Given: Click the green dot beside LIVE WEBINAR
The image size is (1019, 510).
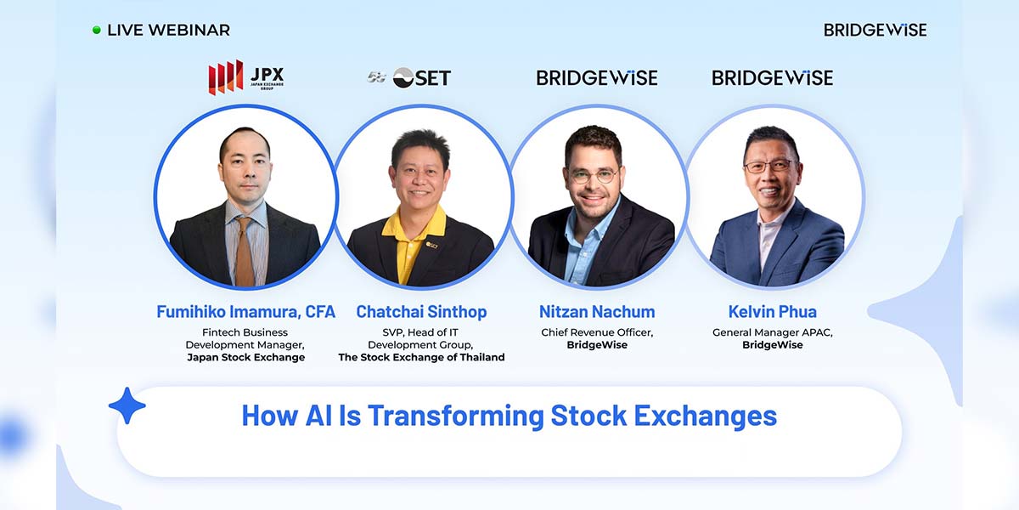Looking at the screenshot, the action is [x=97, y=30].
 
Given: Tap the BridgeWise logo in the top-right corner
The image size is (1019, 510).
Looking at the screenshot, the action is [x=875, y=30].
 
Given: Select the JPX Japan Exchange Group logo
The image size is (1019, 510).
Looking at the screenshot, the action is [x=246, y=77].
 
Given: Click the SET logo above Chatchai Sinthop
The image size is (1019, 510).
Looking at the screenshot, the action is [x=409, y=78].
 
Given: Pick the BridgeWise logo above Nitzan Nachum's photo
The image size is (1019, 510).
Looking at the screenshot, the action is [x=597, y=78].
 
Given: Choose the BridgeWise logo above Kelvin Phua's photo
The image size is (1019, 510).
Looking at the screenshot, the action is [x=773, y=78].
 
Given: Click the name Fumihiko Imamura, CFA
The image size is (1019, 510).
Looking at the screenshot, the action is [x=245, y=312].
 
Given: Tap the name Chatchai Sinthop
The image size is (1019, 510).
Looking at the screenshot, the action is [x=421, y=312].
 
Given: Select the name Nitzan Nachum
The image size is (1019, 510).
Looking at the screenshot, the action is [x=597, y=312].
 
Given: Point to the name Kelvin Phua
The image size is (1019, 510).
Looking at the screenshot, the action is [x=773, y=312].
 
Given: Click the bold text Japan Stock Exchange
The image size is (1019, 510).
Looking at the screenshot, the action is [x=245, y=357].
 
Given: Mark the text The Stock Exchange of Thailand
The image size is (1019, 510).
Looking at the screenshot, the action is [x=421, y=357].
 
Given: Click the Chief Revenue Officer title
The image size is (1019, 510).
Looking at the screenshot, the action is [x=597, y=332].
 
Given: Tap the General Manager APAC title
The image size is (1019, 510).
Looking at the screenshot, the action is [x=773, y=332].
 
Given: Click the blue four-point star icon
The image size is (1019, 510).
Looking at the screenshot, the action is [x=127, y=405].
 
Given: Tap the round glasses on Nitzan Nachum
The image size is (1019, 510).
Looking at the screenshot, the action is [x=594, y=176].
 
